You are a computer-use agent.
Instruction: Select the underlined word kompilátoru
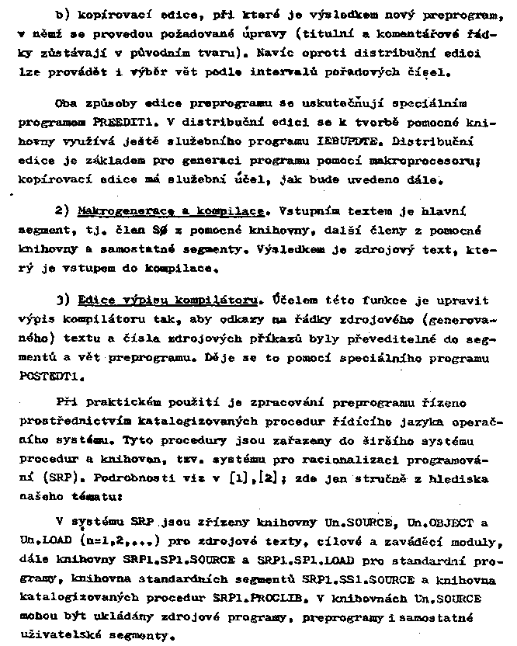219,299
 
